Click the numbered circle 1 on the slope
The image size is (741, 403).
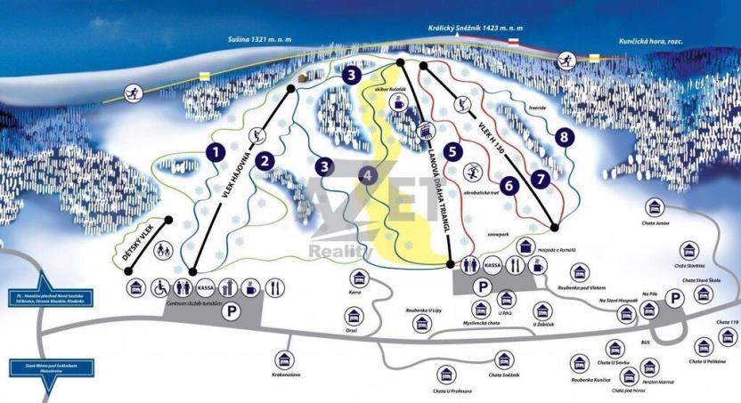pyautogui.click(x=214, y=151)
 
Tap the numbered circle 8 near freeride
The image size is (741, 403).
pyautogui.click(x=562, y=137)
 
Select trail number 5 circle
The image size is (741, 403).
pyautogui.click(x=453, y=151)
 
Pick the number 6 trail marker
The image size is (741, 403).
pyautogui.click(x=509, y=186)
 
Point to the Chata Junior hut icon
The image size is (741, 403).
pyautogui.click(x=657, y=208)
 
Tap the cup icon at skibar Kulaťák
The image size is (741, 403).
pyautogui.click(x=396, y=105)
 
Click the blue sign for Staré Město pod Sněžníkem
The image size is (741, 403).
pyautogui.click(x=38, y=364)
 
